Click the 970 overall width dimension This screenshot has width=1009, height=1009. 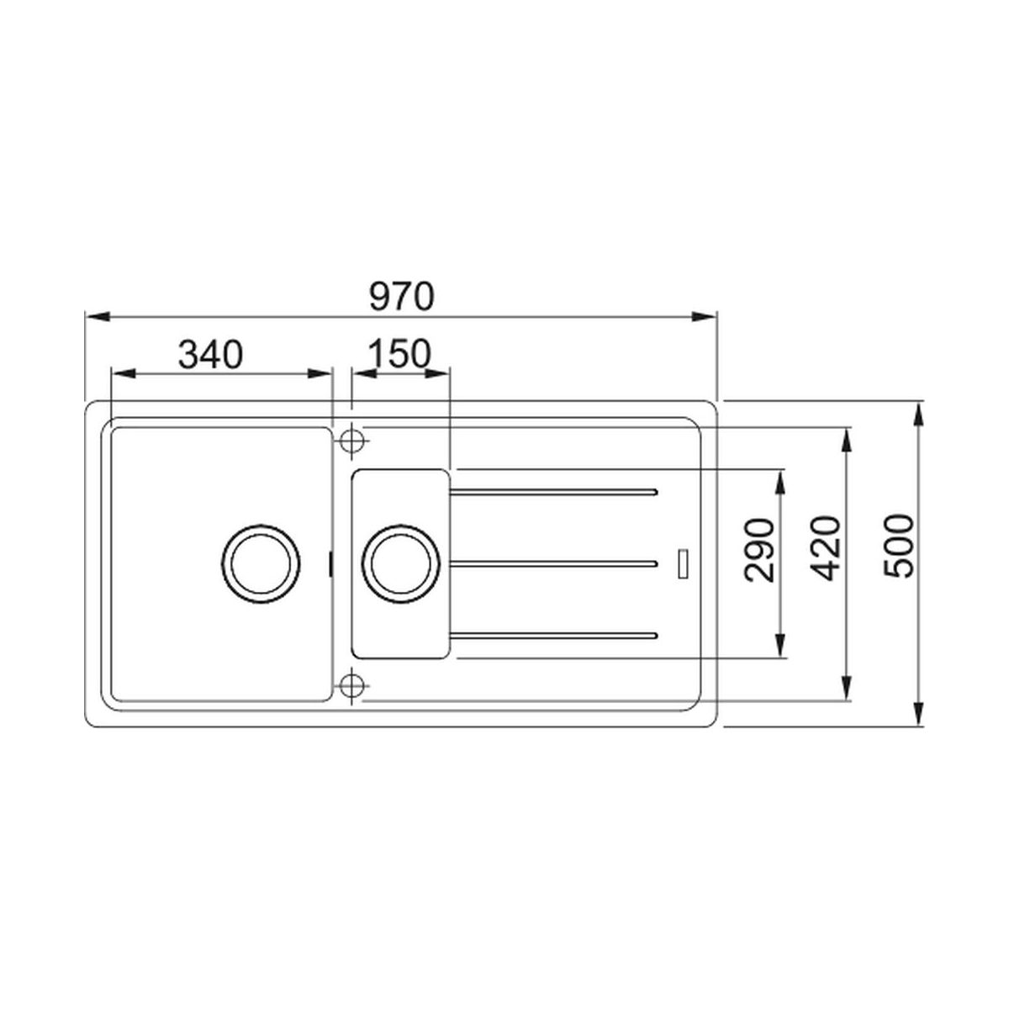(x=402, y=297)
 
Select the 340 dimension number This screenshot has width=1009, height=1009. (x=210, y=355)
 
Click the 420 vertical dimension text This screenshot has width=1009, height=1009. (x=825, y=549)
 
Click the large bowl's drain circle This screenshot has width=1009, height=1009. (x=261, y=564)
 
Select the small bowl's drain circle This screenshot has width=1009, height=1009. (x=400, y=564)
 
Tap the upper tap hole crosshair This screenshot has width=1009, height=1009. (x=351, y=441)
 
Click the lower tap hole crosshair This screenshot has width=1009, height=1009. (x=351, y=684)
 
